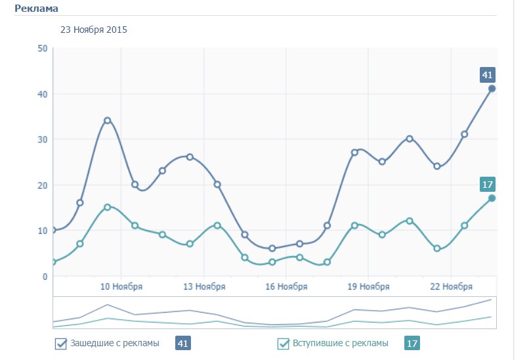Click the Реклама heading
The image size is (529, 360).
[36, 9]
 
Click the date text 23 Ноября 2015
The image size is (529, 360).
[94, 30]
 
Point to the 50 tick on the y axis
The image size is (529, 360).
[43, 49]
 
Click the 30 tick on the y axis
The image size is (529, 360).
[43, 139]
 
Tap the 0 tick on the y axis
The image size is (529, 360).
[45, 277]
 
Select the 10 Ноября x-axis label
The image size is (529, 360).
[121, 287]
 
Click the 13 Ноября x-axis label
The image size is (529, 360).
[204, 287]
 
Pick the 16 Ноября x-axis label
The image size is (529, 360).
[286, 287]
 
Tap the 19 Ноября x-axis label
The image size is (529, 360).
[368, 287]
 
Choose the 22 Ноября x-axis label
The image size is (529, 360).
[451, 287]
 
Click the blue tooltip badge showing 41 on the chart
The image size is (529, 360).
[487, 75]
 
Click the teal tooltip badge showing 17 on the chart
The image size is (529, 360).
[487, 184]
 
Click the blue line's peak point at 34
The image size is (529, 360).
[107, 121]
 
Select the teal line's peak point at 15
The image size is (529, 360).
[107, 207]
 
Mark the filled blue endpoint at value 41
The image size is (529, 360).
[492, 89]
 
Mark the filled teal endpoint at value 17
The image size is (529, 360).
[492, 198]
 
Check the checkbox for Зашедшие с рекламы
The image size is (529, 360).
[61, 343]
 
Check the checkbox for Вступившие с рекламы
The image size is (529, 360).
[284, 343]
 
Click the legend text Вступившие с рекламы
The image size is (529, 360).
[340, 343]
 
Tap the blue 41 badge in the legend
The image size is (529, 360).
[183, 343]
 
